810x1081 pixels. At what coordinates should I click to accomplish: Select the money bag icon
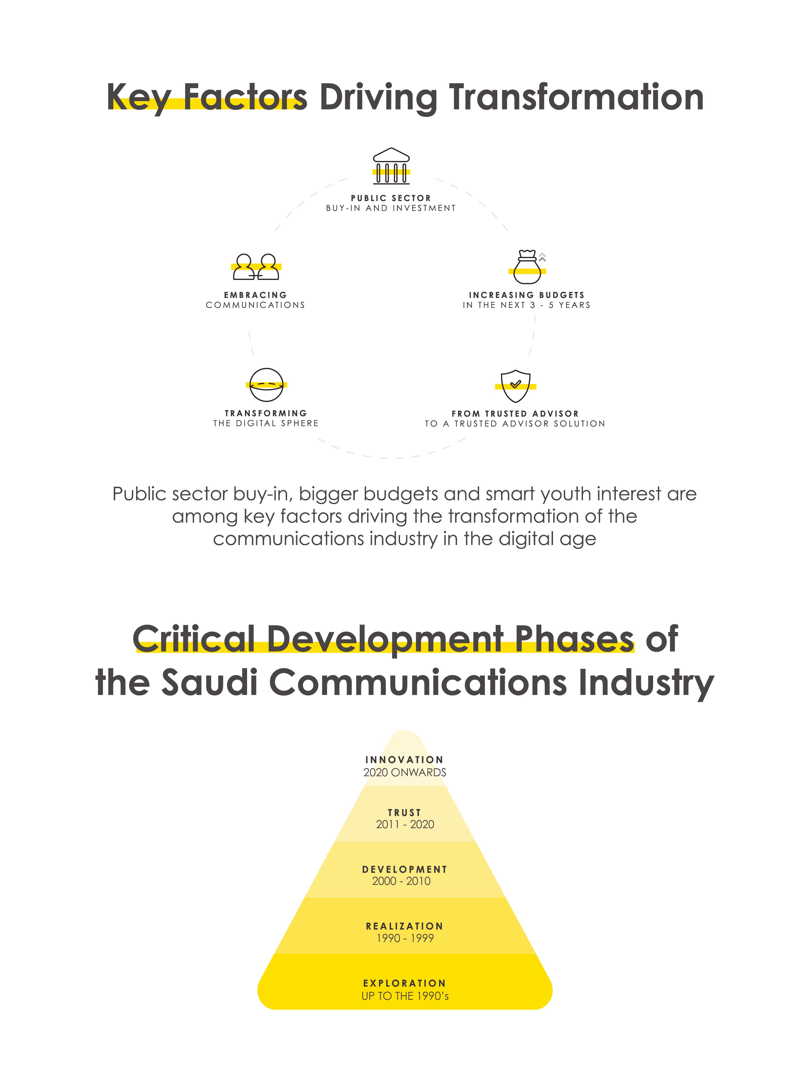coord(527,268)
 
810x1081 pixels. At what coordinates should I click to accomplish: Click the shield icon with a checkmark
coord(515,385)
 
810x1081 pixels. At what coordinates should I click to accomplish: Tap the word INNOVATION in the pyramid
coord(404,759)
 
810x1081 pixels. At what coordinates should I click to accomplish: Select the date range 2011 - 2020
coord(405,824)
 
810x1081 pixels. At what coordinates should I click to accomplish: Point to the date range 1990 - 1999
coord(405,938)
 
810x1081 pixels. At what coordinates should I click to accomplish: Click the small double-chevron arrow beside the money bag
coord(542,257)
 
